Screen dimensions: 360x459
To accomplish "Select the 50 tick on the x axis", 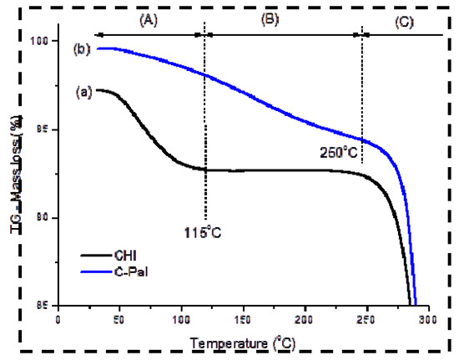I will [x=120, y=319].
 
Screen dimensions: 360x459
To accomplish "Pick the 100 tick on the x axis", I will [x=182, y=319].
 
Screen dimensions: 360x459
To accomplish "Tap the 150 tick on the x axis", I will [x=244, y=319].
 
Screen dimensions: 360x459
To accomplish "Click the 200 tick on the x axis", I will [x=305, y=319].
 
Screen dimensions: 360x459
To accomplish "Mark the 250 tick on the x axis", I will [x=367, y=319].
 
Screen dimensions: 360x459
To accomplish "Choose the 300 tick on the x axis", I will [x=428, y=319].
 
